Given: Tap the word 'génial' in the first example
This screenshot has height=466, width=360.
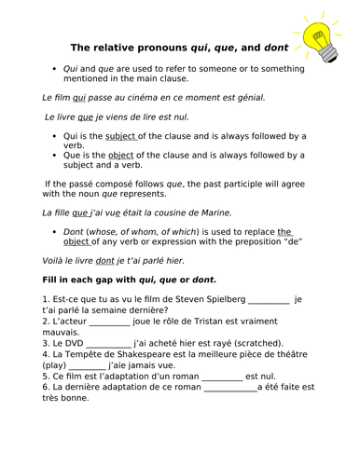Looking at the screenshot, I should [248, 97].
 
